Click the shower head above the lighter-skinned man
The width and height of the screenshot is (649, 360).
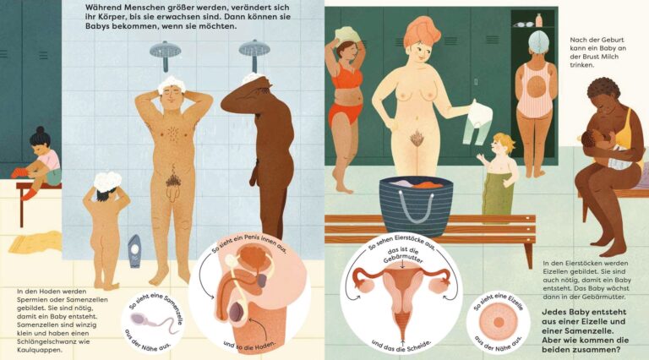[165, 52]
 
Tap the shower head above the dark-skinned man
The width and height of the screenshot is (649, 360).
[254, 51]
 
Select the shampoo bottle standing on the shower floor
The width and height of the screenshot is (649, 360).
[134, 251]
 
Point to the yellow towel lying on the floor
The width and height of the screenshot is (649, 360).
[35, 241]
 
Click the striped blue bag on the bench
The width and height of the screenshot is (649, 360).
[416, 205]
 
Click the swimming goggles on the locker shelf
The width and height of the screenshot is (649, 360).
[524, 25]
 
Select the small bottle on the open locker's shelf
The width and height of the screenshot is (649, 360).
[539, 20]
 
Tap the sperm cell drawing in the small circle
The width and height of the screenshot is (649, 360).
[155, 321]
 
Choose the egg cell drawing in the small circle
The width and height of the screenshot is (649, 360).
[499, 322]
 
